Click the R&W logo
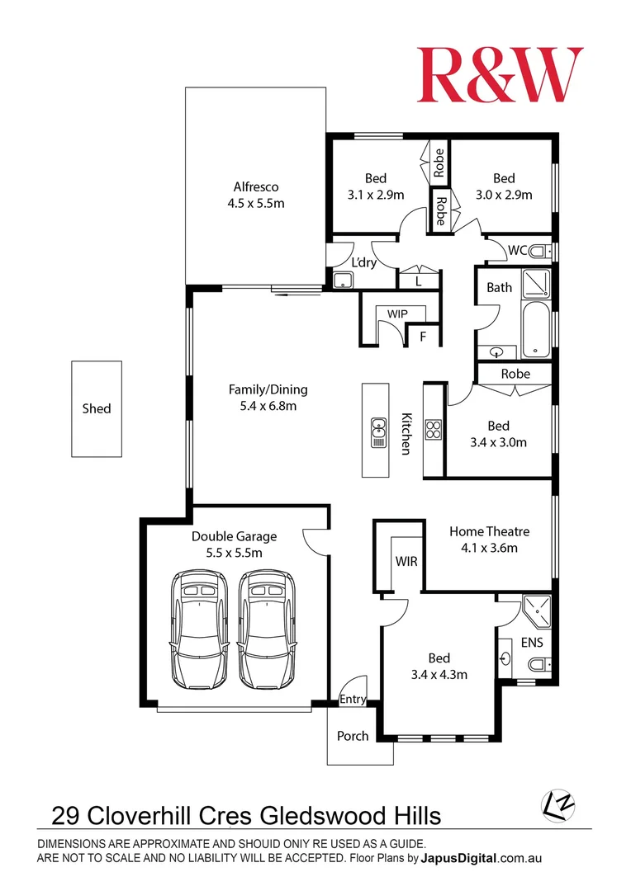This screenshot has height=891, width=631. [500, 75]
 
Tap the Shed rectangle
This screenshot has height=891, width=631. [97, 408]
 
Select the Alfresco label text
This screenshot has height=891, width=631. [255, 186]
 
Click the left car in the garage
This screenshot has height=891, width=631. [199, 629]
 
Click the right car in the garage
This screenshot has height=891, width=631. [267, 629]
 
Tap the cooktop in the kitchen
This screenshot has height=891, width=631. [434, 429]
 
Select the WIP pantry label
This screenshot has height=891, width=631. [398, 313]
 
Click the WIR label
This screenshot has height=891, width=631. [406, 561]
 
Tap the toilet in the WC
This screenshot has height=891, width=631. [538, 251]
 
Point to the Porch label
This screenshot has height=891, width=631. [353, 735]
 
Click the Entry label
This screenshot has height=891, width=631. [353, 700]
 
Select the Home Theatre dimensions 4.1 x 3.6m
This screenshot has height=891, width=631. [489, 548]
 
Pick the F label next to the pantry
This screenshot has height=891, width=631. [423, 337]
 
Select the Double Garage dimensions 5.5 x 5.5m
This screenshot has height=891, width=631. [234, 553]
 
